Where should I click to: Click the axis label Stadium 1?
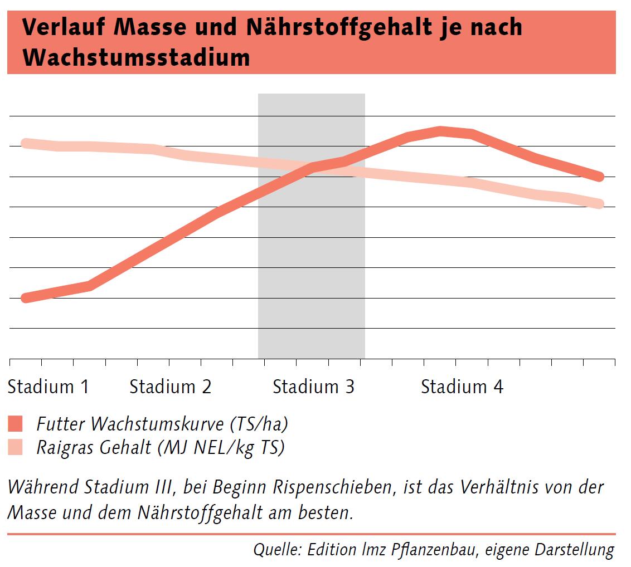[x=48, y=387]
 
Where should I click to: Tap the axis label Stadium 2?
[x=170, y=387]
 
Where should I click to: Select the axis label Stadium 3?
[x=313, y=387]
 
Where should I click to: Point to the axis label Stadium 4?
[x=462, y=387]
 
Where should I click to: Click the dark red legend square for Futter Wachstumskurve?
[x=16, y=424]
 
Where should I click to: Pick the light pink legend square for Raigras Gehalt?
[x=16, y=447]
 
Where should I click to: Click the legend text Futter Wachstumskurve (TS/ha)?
[x=162, y=424]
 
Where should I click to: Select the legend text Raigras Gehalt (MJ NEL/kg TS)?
[x=161, y=447]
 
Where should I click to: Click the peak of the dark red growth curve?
[x=440, y=131]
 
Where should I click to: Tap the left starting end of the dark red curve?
[x=25, y=299]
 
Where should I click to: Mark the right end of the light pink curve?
[x=600, y=204]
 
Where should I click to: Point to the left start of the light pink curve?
[x=25, y=144]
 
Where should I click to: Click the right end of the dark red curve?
[x=600, y=177]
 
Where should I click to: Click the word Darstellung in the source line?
[x=575, y=550]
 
